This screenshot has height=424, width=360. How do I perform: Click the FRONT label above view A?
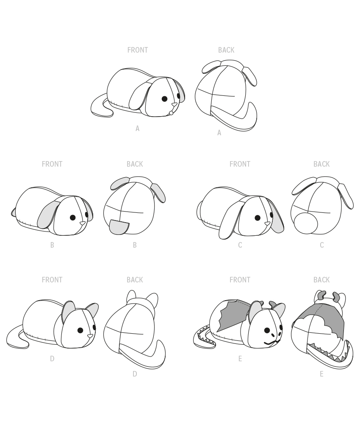[x=138, y=50]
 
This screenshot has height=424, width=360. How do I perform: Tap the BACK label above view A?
[x=226, y=50]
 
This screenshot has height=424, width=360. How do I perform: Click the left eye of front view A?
[x=164, y=99]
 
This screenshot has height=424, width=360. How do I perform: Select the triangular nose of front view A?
[x=174, y=105]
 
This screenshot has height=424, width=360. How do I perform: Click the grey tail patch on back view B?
[x=119, y=227]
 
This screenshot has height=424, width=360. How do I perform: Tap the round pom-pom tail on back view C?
[x=306, y=223]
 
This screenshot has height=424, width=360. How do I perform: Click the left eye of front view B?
[x=73, y=218]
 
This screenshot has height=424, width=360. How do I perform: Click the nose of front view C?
[x=267, y=223]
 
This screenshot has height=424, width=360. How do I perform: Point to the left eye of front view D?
[x=80, y=330]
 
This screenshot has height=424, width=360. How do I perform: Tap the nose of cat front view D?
[x=90, y=336]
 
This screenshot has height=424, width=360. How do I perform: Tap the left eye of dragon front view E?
[x=267, y=330]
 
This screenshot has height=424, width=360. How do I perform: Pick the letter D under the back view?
[x=135, y=374]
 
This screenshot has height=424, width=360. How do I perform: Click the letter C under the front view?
[x=240, y=245]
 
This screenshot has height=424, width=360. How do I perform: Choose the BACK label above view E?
[x=321, y=280]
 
